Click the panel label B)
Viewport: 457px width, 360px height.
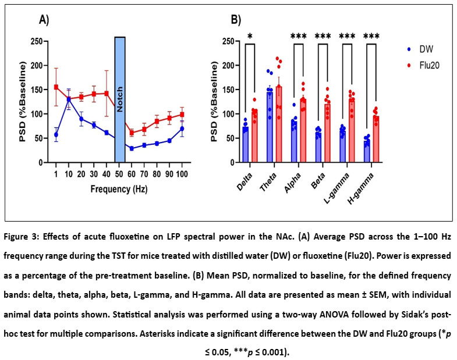click(x=236, y=20)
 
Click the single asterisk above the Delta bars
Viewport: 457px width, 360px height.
click(x=250, y=37)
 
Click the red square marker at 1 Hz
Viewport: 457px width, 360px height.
click(x=56, y=87)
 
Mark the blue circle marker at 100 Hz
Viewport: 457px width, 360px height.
click(x=182, y=129)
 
